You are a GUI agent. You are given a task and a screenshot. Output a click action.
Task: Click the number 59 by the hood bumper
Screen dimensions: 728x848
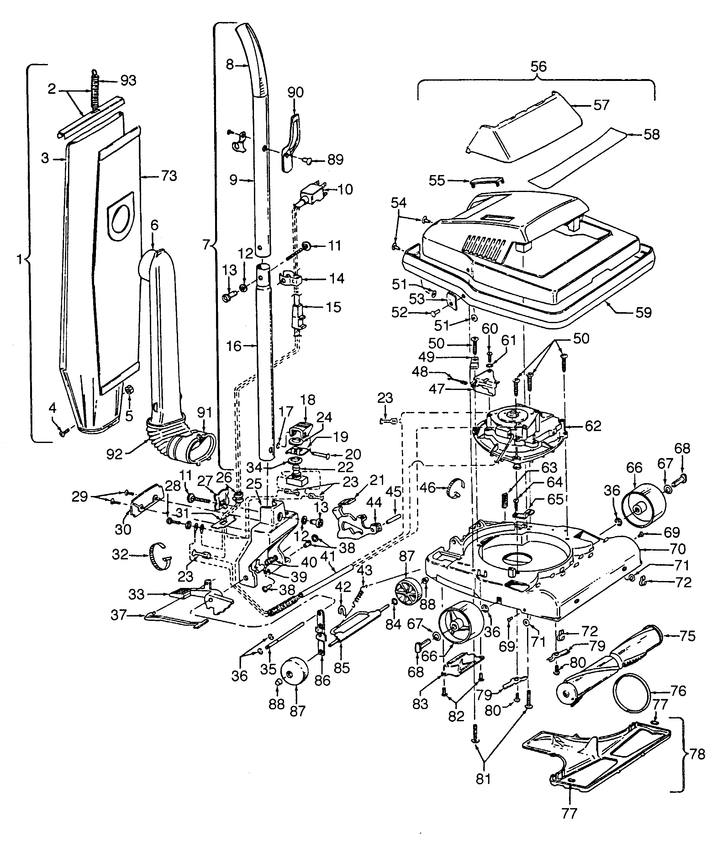(643, 313)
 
